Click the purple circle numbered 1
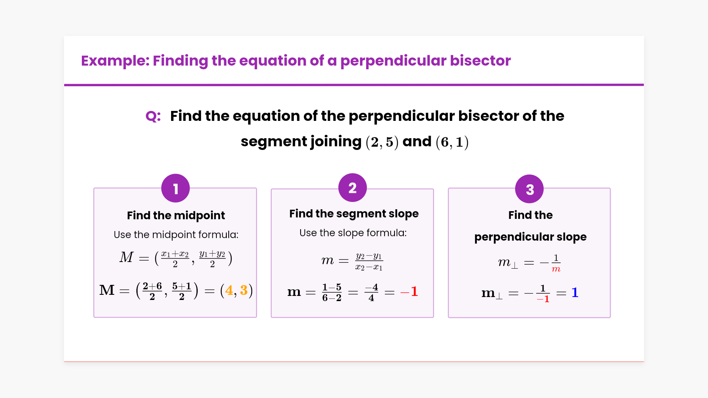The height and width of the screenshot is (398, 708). (176, 188)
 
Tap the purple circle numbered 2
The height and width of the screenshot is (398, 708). (353, 188)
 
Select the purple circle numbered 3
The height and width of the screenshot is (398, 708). (530, 189)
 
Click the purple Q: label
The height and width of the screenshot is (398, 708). (153, 116)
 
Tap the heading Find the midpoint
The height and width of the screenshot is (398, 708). (176, 215)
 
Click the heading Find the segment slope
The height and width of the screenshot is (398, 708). (354, 214)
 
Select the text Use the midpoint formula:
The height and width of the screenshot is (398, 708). (176, 234)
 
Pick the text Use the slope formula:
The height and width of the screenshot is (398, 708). (353, 233)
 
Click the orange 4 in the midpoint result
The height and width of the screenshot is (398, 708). (229, 290)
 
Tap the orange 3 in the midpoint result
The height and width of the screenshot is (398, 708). (244, 290)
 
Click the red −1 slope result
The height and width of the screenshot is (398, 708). (409, 291)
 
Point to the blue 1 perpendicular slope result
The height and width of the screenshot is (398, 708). (575, 293)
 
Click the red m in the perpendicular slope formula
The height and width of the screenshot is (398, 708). (556, 269)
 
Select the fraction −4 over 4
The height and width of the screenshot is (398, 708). (371, 292)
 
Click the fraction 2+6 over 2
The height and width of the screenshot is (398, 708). (152, 291)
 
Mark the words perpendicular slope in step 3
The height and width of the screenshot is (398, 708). (530, 237)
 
